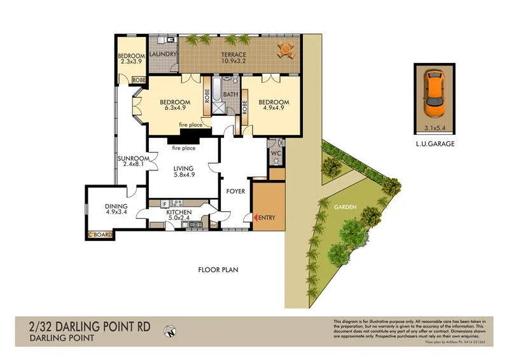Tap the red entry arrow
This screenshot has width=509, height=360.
point(256,218)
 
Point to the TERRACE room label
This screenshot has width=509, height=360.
point(234,55)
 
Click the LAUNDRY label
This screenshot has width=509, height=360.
point(163,55)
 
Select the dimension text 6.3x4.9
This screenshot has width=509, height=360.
point(174,110)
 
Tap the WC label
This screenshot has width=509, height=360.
point(275,155)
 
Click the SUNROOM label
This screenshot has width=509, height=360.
point(134,159)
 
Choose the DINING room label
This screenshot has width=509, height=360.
point(116,207)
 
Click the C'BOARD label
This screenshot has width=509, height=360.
point(100,235)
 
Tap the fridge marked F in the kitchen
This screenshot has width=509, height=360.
point(165,204)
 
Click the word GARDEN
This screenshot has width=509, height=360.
point(345,208)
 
